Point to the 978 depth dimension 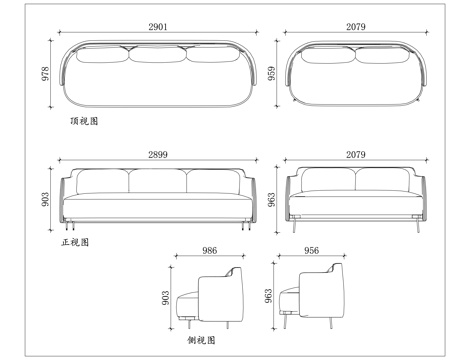[45, 77]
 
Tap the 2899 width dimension [158, 153]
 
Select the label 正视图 [75, 241]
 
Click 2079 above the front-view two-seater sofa [356, 153]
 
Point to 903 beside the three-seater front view [45, 200]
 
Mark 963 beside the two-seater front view [273, 198]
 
